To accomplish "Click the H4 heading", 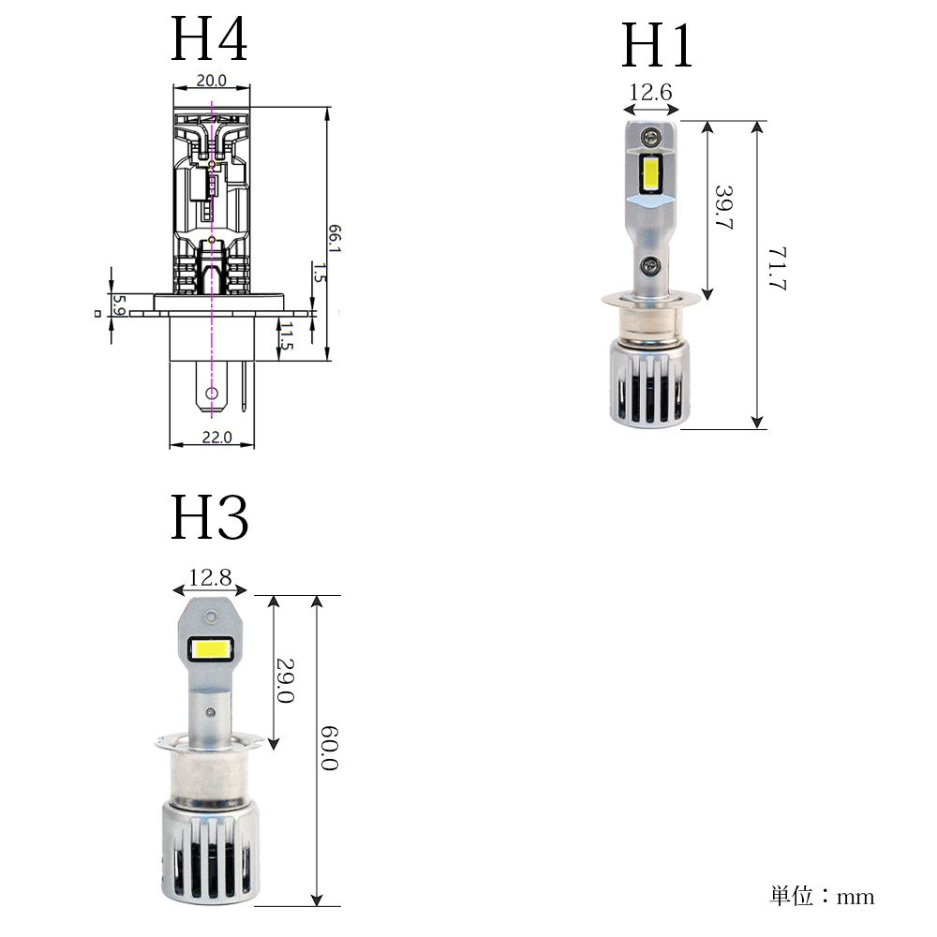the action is (x=209, y=38).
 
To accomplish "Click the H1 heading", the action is (x=657, y=45).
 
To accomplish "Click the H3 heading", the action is (x=209, y=517).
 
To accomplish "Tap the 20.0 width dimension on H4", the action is (x=212, y=80).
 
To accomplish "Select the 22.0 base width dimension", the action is (x=216, y=437).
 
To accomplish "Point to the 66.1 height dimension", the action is (x=335, y=238).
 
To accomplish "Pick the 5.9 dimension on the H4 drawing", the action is (x=119, y=305).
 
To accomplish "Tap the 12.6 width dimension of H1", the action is (x=651, y=92).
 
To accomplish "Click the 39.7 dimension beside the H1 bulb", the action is (x=723, y=207).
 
